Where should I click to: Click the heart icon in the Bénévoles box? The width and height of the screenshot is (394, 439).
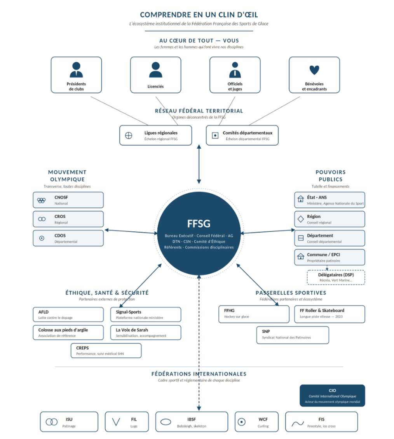click(x=314, y=70)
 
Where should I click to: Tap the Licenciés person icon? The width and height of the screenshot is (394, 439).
click(x=155, y=70)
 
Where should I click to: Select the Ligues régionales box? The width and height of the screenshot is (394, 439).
click(x=155, y=135)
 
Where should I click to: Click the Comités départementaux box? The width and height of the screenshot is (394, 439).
click(x=242, y=135)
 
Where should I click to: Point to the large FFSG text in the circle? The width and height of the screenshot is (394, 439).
click(x=199, y=224)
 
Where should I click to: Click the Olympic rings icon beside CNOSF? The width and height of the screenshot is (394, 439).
click(x=42, y=200)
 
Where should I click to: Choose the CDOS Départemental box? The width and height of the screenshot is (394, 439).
click(x=68, y=238)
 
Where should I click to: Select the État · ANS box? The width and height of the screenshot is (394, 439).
click(x=329, y=200)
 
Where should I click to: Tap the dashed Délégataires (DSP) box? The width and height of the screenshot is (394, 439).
click(x=336, y=278)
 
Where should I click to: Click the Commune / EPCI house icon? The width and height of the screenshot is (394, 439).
click(x=301, y=256)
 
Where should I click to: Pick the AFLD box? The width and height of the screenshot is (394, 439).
click(x=68, y=314)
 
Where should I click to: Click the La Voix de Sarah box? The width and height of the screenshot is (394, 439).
click(x=146, y=332)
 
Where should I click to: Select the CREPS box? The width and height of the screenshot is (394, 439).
click(x=106, y=351)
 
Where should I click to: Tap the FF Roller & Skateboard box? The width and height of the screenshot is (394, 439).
click(x=329, y=314)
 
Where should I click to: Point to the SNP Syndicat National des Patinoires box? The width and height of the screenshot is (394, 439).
click(x=293, y=335)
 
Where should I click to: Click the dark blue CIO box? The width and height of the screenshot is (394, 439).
click(x=332, y=396)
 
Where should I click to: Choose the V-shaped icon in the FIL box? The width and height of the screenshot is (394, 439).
click(x=116, y=422)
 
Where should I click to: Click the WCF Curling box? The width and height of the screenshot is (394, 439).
click(x=257, y=422)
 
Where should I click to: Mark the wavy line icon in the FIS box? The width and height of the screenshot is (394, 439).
click(x=298, y=423)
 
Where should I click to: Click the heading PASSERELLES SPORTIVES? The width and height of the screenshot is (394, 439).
click(x=291, y=293)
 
